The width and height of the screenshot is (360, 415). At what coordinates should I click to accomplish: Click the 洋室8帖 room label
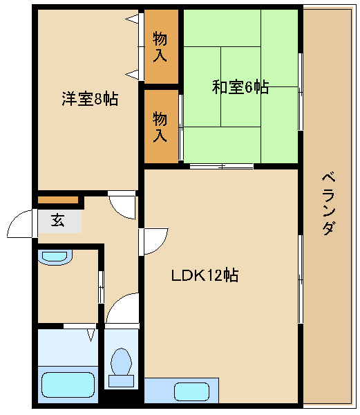coord(90,99)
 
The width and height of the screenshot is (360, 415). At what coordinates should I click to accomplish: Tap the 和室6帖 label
coord(240,87)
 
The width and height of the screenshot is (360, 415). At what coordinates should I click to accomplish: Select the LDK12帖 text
coord(205,275)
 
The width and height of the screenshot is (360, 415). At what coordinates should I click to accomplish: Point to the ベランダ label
coord(328,203)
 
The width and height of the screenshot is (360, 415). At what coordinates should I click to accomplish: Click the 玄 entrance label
coord(57,220)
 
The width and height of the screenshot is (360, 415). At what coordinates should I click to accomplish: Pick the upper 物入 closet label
coord(160,46)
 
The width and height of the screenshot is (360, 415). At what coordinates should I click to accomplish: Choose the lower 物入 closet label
coord(160,127)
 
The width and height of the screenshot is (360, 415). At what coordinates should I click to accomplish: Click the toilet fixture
coord(122,367)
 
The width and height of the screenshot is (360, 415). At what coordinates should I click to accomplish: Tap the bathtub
coord(68,385)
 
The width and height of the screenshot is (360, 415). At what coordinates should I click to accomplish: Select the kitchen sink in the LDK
coord(192,391)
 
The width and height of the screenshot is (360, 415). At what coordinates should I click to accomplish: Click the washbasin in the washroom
coord(55,257)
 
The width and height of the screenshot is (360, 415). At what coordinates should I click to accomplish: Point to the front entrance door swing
coord(21,223)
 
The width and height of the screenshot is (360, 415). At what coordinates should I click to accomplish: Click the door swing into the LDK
coord(153,241)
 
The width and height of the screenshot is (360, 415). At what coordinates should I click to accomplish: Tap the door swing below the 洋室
coord(122,205)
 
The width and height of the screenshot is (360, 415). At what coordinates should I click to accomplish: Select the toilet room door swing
coord(122,308)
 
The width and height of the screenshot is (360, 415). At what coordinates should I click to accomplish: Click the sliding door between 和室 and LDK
coord(222,166)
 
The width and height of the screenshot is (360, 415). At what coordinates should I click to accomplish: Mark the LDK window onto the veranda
coord(301,279)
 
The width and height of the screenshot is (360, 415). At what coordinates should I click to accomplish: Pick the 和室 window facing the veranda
coord(301,91)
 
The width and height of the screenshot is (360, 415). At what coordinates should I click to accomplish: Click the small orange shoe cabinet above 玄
coord(58,200)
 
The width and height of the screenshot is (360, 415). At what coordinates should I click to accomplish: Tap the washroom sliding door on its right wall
coord(101,287)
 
